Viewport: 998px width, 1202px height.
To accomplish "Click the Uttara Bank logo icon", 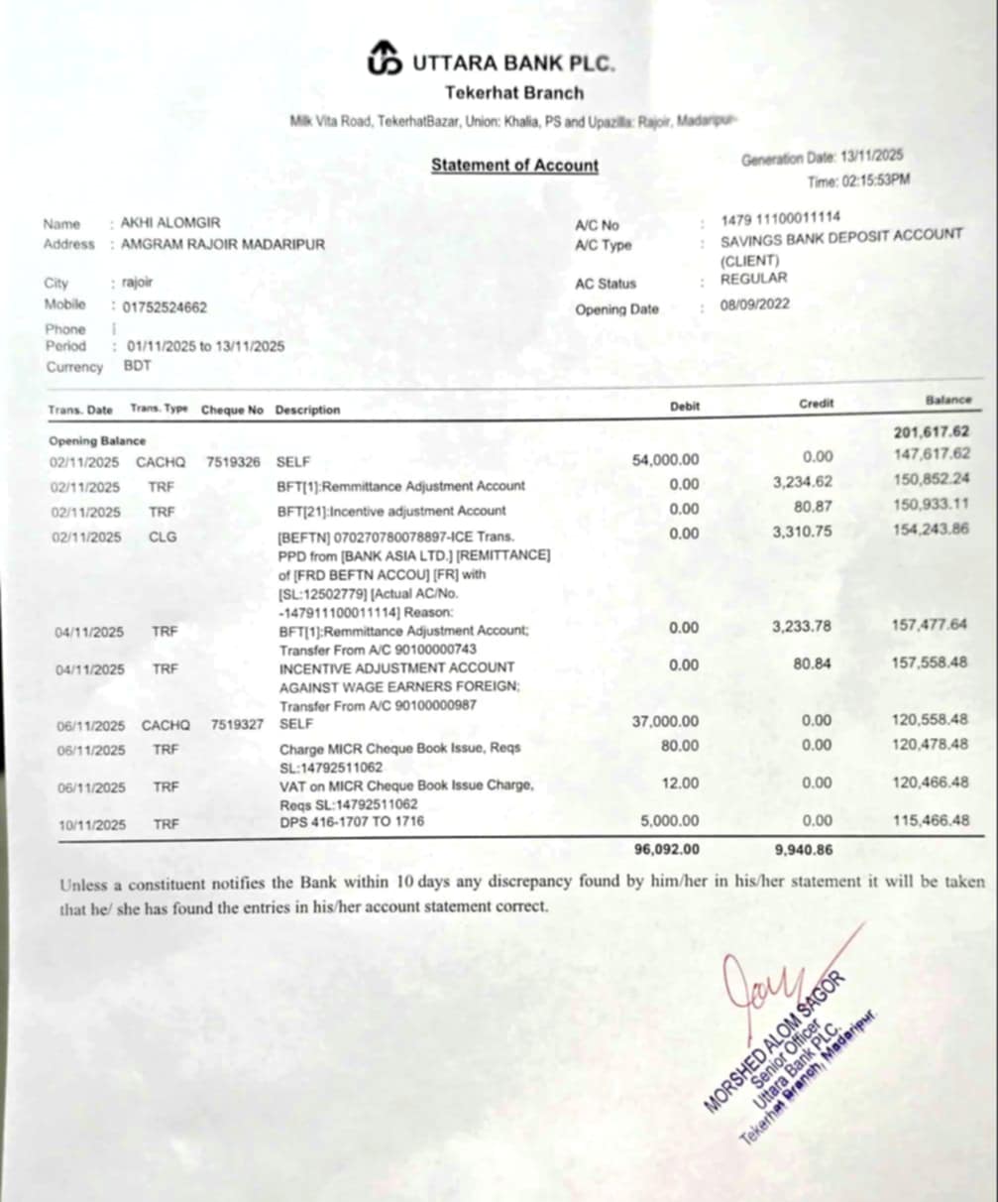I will (386, 60).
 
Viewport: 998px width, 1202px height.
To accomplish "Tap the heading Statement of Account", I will (514, 166).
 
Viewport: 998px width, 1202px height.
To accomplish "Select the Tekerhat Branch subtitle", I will (514, 93).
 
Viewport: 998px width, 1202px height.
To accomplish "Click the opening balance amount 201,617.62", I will (932, 432).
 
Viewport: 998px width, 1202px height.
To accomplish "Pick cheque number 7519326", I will (233, 462).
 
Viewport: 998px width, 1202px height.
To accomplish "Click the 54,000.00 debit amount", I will (665, 459).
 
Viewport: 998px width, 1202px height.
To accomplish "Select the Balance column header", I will (948, 400).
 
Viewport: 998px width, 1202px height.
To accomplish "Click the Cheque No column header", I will (232, 410).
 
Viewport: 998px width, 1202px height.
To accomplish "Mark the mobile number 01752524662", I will (164, 307).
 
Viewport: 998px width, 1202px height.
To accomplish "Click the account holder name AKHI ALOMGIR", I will (170, 223).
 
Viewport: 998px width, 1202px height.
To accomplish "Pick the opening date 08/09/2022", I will (755, 304).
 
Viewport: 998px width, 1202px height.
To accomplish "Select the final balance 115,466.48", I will (930, 822).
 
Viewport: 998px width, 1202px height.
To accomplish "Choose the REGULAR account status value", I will (753, 279).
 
